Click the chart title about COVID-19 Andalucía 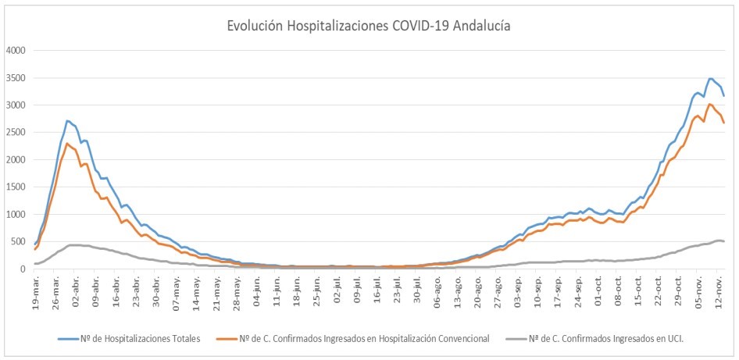click(x=369, y=25)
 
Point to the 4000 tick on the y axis click(x=16, y=51)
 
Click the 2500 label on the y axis click(x=16, y=133)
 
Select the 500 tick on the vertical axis click(x=19, y=242)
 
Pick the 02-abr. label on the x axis click(x=76, y=290)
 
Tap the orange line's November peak click(x=709, y=104)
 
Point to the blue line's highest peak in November click(x=709, y=78)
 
